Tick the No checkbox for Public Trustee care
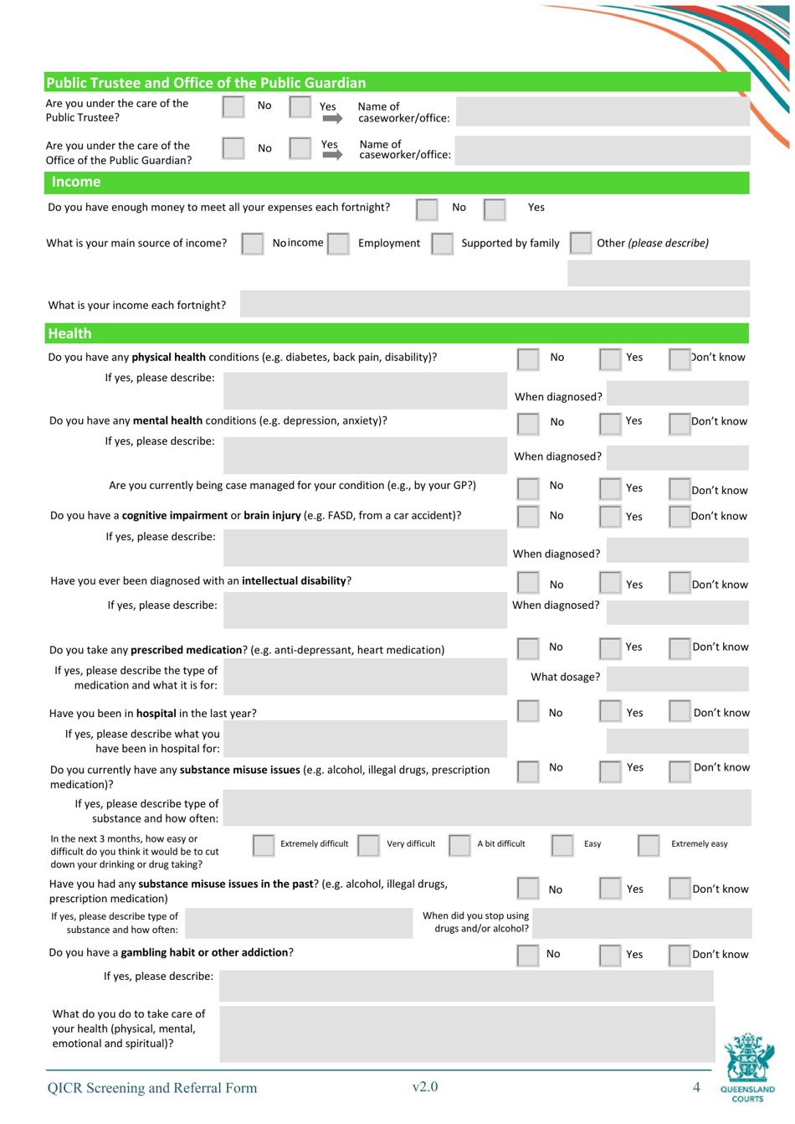[233, 106]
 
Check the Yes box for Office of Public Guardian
[300, 148]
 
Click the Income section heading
[76, 182]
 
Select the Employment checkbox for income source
[338, 244]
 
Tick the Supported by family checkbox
[442, 244]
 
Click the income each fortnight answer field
[494, 305]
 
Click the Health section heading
[70, 333]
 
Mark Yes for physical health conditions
[610, 359]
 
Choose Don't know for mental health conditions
[679, 423]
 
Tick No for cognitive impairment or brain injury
[527, 517]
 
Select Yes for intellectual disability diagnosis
[610, 585]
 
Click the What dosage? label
[565, 677]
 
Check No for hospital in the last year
[527, 712]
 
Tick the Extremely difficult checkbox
[263, 845]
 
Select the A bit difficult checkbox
[459, 845]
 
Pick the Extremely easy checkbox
[648, 845]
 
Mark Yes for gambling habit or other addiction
[610, 955]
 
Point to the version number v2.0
[425, 1087]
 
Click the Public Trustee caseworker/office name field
[603, 112]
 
